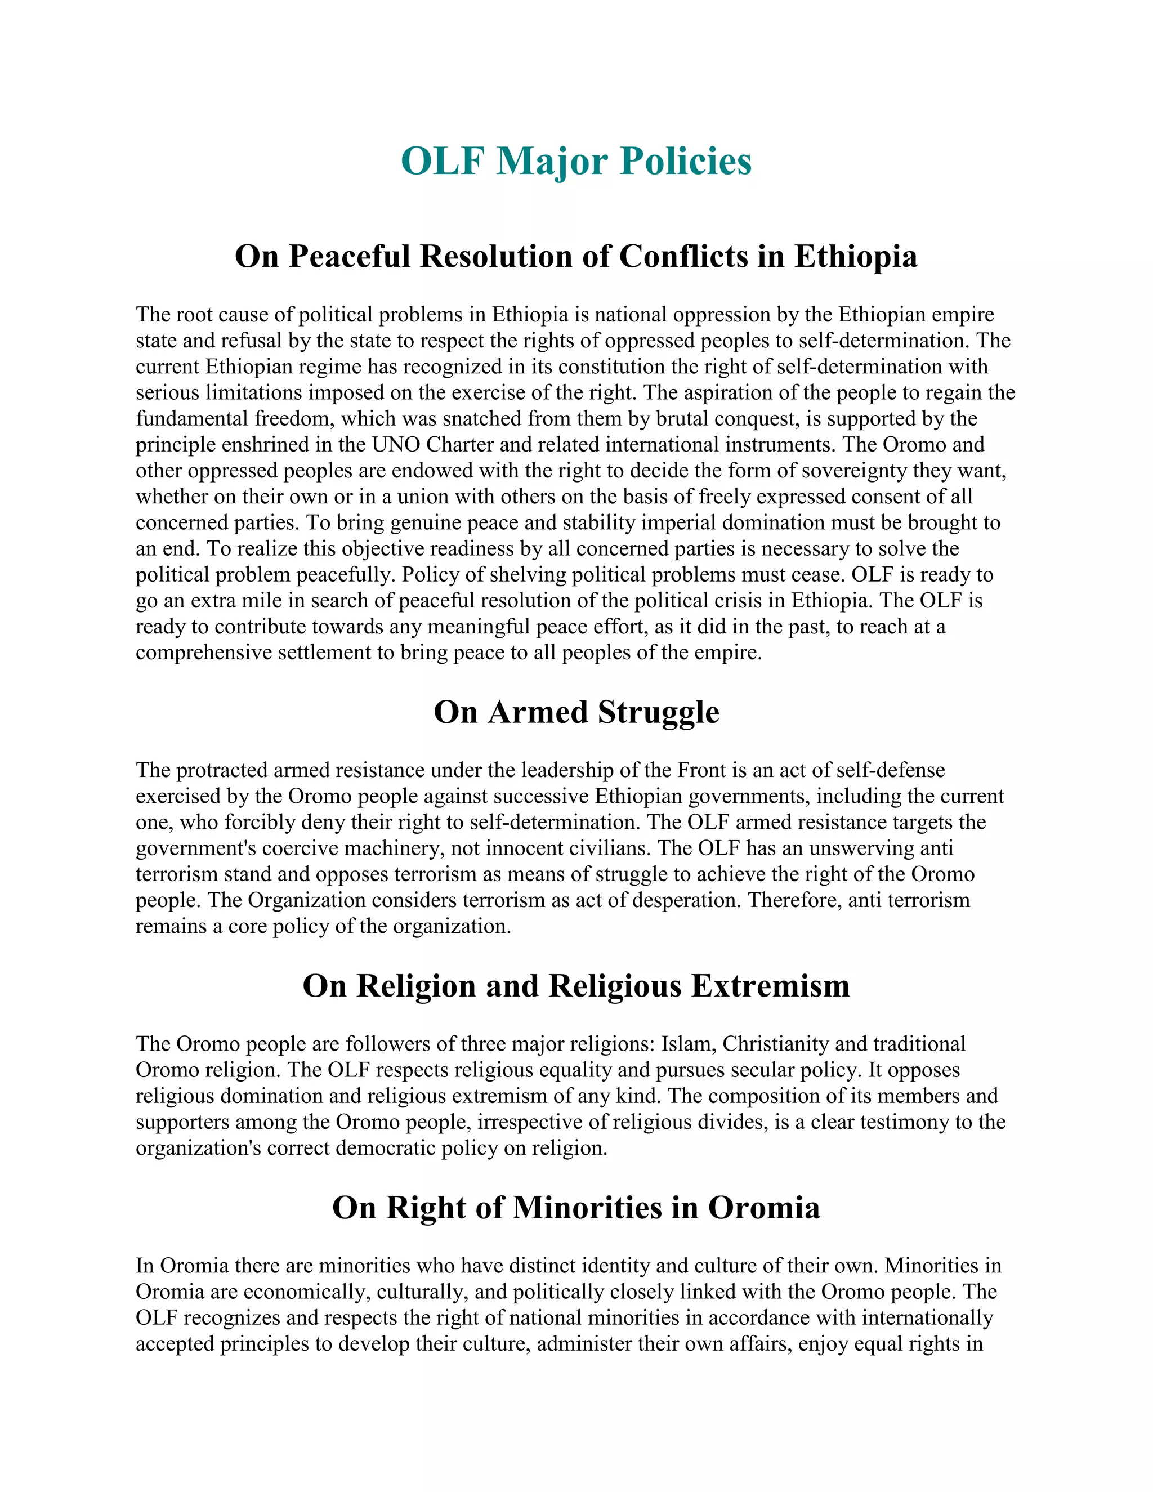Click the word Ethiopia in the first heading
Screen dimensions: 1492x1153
[x=855, y=257]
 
